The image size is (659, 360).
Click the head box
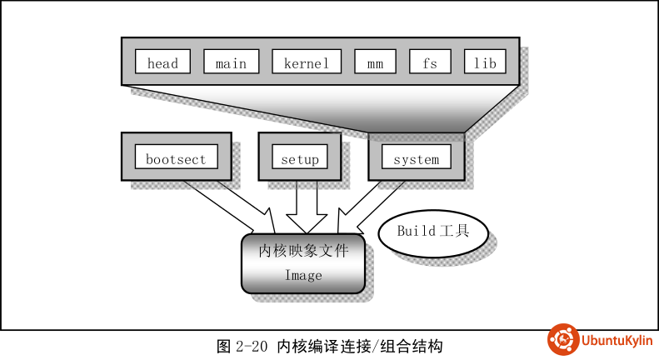(162, 62)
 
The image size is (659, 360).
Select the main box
(231, 62)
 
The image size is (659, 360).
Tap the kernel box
(307, 62)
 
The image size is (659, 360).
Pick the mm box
(374, 62)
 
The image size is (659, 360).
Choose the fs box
(429, 62)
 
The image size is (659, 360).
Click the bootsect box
(176, 158)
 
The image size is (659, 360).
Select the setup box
(300, 158)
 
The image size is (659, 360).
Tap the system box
(416, 158)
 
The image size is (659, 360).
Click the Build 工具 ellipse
(432, 232)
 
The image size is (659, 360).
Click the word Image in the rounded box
(303, 275)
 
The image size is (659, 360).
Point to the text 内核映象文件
(303, 250)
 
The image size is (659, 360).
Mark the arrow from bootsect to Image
(223, 204)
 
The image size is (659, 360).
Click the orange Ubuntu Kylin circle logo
(563, 340)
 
